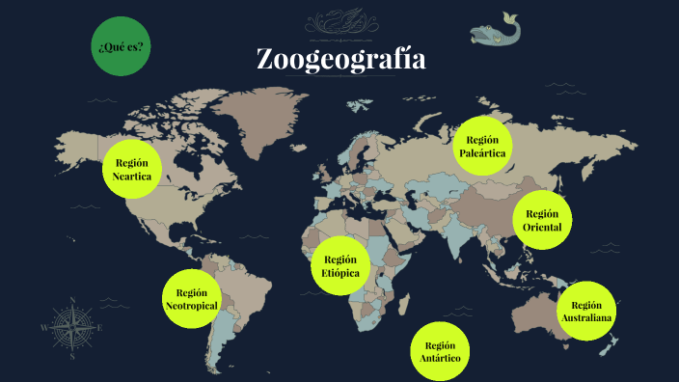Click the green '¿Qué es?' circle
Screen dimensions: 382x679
click(x=122, y=45)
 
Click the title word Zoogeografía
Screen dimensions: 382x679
click(x=340, y=60)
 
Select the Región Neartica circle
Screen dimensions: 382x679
click(x=131, y=169)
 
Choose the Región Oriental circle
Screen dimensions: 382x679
click(x=542, y=220)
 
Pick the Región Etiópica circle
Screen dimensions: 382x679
click(x=340, y=266)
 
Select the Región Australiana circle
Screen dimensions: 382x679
click(x=586, y=311)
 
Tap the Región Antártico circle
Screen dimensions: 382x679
click(x=440, y=351)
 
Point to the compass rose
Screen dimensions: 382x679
click(x=71, y=327)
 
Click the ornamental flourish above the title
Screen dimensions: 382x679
click(x=340, y=22)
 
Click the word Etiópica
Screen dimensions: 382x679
click(x=340, y=274)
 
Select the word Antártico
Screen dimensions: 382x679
click(x=440, y=359)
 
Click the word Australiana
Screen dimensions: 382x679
click(x=586, y=318)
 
